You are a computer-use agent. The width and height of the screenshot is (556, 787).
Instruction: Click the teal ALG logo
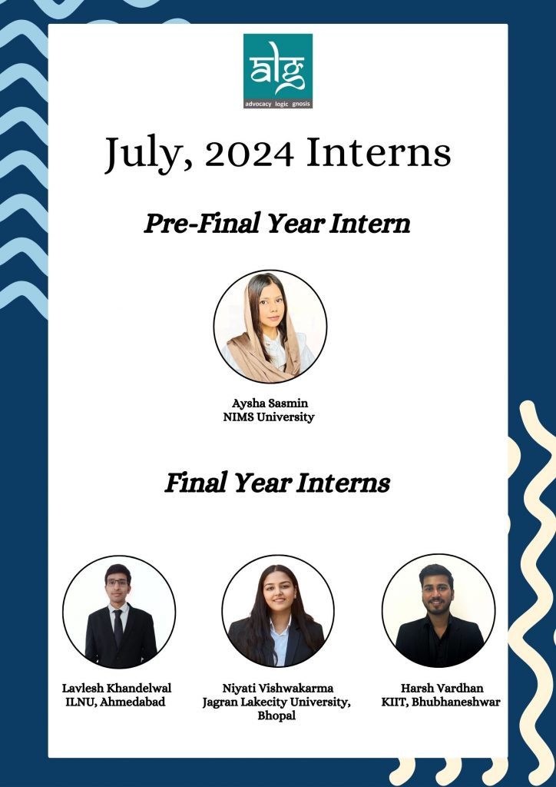(x=278, y=71)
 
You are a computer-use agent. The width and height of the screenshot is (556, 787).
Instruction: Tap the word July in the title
(x=142, y=154)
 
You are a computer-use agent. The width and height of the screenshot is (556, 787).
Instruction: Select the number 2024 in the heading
(x=249, y=153)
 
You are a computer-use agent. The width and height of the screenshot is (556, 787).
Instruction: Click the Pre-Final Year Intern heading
(x=277, y=224)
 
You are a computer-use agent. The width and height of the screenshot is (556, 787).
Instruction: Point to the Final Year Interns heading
(x=277, y=483)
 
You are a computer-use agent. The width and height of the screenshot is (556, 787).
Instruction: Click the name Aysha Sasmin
(x=270, y=403)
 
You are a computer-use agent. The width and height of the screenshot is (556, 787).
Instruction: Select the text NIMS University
(x=269, y=417)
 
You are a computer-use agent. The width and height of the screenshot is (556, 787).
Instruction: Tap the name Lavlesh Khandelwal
(x=117, y=688)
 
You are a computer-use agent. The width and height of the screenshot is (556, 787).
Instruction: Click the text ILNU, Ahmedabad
(x=115, y=702)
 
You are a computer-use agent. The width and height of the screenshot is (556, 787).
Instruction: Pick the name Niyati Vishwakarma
(x=278, y=688)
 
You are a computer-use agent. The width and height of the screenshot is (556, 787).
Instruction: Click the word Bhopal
(x=276, y=716)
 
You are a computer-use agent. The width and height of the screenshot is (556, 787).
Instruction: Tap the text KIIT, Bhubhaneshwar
(x=441, y=702)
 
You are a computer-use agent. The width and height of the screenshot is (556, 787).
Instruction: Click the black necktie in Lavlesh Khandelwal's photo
(x=117, y=627)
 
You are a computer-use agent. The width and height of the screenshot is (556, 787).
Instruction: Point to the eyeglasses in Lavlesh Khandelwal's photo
(x=117, y=583)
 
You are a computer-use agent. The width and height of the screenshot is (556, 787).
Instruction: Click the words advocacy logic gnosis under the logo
(x=278, y=104)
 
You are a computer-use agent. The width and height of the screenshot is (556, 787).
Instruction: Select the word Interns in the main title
(x=379, y=153)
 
